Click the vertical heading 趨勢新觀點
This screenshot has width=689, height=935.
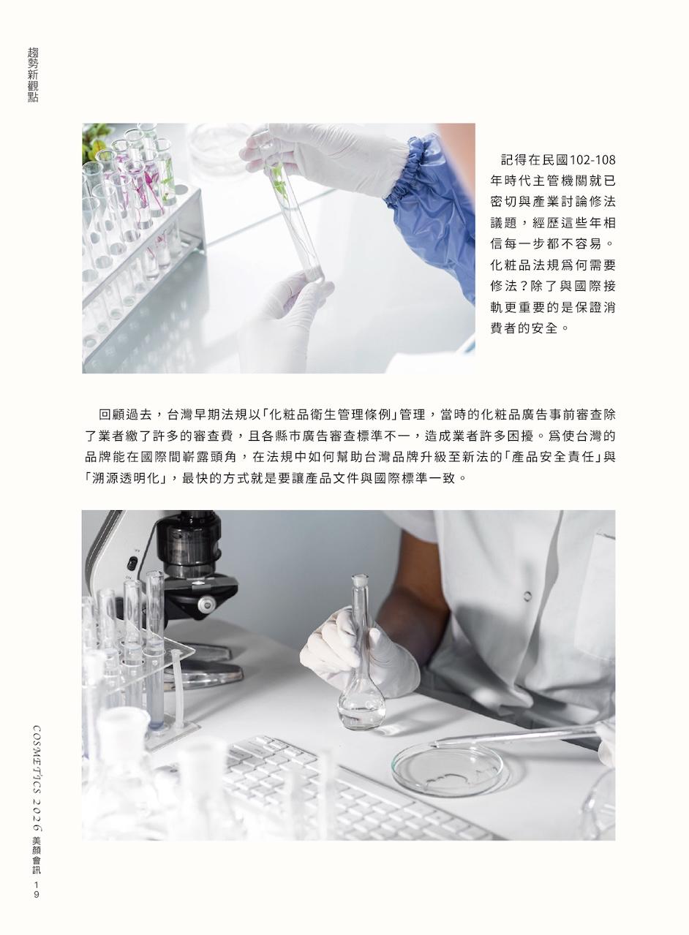[x=33, y=75]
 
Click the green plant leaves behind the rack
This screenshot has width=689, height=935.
[x=94, y=138]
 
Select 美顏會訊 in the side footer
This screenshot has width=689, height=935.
[x=36, y=855]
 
